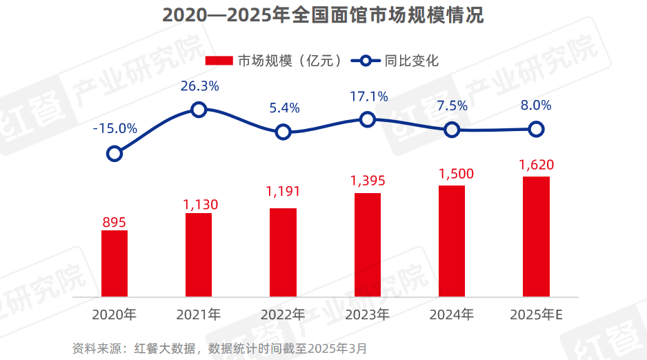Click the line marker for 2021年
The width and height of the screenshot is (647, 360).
pyautogui.click(x=199, y=109)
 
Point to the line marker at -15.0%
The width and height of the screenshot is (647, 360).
pyautogui.click(x=115, y=153)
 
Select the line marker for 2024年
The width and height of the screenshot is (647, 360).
pyautogui.click(x=452, y=130)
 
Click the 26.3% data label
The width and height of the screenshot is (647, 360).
pyautogui.click(x=200, y=86)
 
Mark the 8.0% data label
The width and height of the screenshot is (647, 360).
pyautogui.click(x=536, y=106)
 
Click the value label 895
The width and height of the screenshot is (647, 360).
pyautogui.click(x=115, y=221)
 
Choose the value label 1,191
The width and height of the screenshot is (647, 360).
pyautogui.click(x=283, y=192)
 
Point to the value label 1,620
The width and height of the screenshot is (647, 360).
pyautogui.click(x=536, y=165)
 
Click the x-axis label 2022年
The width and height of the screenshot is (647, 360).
pyautogui.click(x=283, y=315)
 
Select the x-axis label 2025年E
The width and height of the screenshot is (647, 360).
pyautogui.click(x=537, y=315)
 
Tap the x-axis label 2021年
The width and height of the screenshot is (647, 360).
pyautogui.click(x=199, y=315)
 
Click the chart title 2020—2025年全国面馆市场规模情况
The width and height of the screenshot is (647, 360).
pyautogui.click(x=323, y=15)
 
